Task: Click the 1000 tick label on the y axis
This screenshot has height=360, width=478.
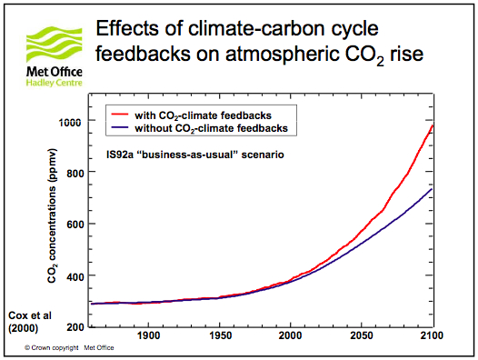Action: (x=70, y=123)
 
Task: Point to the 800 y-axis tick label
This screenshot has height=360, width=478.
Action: (x=75, y=174)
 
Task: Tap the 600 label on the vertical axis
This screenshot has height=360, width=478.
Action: (x=75, y=225)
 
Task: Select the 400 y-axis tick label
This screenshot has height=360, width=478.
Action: (x=75, y=277)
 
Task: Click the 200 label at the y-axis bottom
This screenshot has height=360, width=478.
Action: (x=75, y=327)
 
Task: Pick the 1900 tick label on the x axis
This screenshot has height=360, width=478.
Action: (x=148, y=335)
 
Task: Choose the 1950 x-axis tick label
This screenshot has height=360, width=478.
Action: (x=221, y=335)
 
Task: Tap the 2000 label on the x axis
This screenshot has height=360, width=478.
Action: (x=290, y=335)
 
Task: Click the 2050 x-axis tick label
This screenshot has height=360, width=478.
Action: (x=362, y=335)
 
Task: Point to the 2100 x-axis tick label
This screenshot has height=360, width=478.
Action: (x=432, y=335)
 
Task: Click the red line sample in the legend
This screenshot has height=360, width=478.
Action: (x=120, y=115)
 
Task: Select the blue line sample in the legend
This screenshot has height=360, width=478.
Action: (x=120, y=127)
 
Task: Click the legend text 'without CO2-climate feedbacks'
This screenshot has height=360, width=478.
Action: (x=211, y=128)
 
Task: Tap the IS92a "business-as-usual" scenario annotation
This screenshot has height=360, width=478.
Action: (x=195, y=155)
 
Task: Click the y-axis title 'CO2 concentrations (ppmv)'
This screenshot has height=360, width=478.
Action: (x=52, y=215)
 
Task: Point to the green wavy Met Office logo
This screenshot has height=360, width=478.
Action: (x=55, y=45)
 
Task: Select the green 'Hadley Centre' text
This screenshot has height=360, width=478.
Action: (x=55, y=83)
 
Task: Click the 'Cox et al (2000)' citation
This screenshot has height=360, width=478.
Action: (x=30, y=322)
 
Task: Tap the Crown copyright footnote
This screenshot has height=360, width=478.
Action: (x=69, y=348)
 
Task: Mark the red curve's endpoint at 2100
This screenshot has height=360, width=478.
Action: (x=433, y=125)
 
